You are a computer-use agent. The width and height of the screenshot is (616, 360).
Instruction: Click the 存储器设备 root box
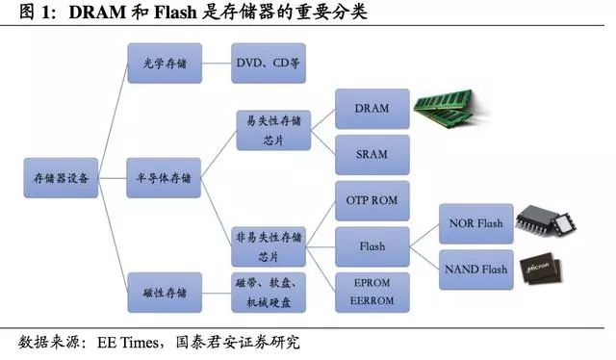tap(61, 179)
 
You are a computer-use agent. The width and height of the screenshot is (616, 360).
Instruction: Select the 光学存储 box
tap(164, 63)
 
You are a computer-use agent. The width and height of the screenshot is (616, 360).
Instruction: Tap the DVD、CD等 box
tap(269, 63)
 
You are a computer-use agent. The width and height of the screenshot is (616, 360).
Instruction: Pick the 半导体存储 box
tap(164, 179)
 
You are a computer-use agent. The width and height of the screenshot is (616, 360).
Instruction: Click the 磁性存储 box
tap(164, 292)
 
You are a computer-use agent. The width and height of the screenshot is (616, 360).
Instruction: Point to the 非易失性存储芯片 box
tap(269, 245)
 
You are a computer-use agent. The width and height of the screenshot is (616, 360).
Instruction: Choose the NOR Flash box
tap(475, 223)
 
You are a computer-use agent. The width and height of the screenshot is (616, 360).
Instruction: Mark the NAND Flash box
tap(475, 269)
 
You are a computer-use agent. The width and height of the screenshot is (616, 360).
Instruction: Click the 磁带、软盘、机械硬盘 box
tap(269, 292)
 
